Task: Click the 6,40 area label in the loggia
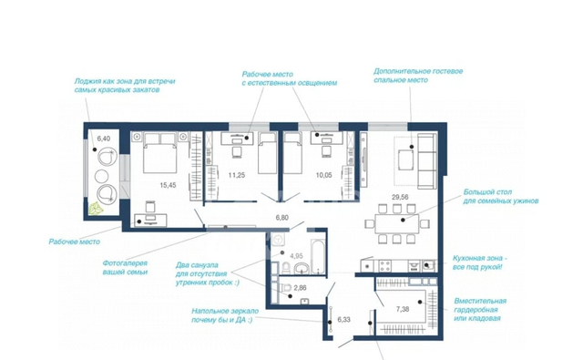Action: click(103, 139)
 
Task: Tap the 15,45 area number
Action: click(168, 185)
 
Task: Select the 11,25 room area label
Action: click(237, 175)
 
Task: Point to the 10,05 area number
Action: click(323, 175)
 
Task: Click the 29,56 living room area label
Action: click(400, 198)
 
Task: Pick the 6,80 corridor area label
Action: click(281, 218)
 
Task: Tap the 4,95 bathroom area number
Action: click(296, 256)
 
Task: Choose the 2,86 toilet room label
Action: click(300, 288)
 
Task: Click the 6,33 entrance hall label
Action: click(343, 320)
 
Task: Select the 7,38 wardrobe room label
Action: click(403, 309)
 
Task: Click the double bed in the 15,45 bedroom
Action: click(160, 152)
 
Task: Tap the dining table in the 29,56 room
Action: click(397, 223)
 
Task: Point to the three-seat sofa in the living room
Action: click(427, 161)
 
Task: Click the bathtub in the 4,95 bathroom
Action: click(318, 257)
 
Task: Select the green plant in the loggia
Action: click(96, 209)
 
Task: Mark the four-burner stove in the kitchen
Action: click(384, 266)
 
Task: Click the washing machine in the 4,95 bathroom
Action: click(278, 240)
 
